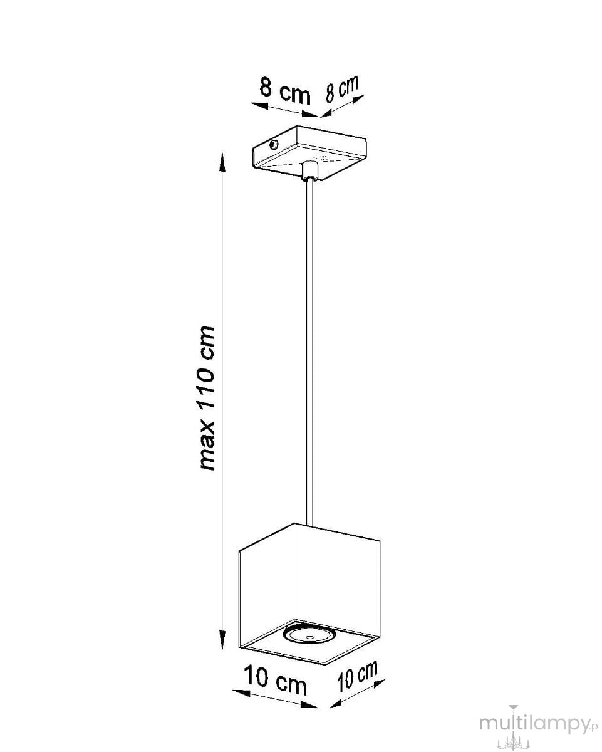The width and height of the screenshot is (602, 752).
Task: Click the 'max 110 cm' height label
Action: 206,398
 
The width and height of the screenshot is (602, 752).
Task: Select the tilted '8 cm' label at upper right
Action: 342,89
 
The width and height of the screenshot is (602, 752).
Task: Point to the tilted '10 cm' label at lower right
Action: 358,677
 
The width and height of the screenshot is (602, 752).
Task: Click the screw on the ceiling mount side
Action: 274,144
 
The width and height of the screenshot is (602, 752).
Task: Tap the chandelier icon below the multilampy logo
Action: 513,736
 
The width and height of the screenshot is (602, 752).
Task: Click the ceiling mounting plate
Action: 309,154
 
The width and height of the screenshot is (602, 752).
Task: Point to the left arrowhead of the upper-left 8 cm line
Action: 259,105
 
